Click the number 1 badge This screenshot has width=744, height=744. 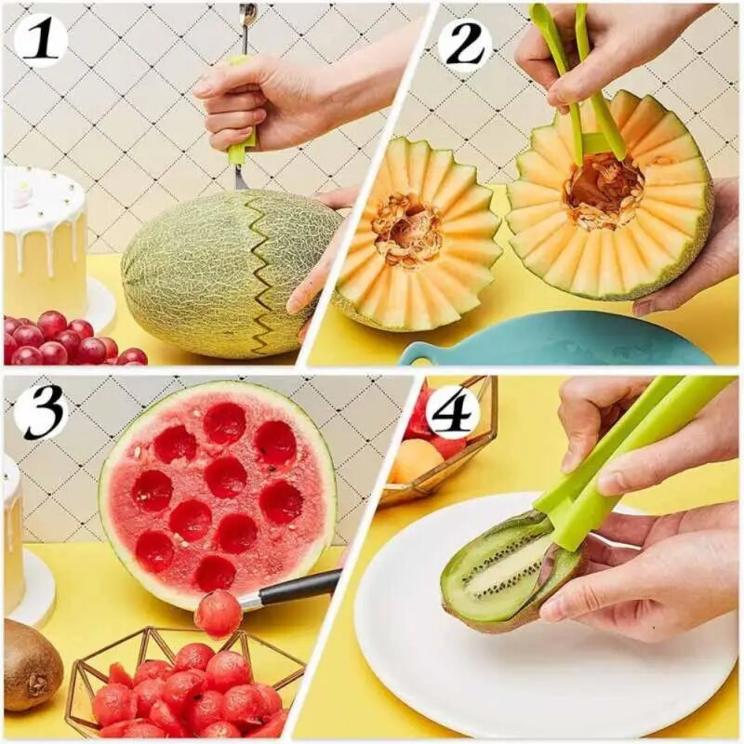point(40,40)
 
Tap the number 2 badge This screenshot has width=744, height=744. point(465,44)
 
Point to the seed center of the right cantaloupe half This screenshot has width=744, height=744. point(604,191)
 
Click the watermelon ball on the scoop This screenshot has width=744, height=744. point(218,614)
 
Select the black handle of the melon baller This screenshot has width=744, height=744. point(298,588)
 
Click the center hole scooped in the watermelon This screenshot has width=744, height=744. point(225,477)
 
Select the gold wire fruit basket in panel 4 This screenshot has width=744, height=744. point(437,456)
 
